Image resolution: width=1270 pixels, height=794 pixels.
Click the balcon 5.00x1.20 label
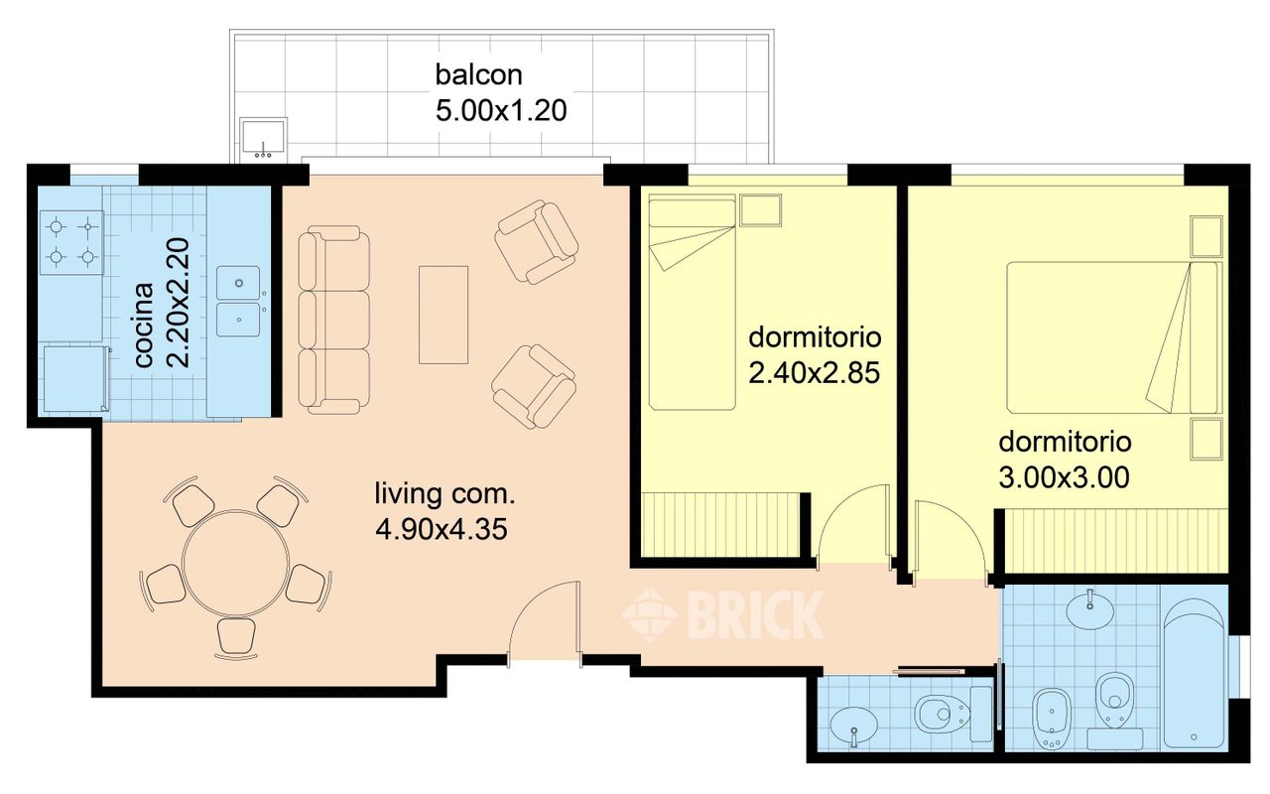pos(501,93)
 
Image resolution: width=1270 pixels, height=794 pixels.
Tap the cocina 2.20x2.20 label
pos(162,304)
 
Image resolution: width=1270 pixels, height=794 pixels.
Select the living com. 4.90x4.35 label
pos(445,511)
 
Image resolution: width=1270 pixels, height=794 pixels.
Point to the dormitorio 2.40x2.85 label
pos(815,355)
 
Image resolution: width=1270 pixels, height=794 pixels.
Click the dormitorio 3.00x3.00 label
pos(1065,460)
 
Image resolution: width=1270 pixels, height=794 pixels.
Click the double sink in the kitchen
pos(239,301)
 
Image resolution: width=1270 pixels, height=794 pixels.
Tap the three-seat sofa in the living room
pos(334,320)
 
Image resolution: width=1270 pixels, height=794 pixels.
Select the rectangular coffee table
pos(444,315)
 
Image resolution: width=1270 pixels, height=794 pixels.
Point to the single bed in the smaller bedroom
pos(693,303)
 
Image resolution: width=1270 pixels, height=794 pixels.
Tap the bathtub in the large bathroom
pos(1195,674)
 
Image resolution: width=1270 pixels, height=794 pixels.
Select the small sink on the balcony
pos(263,139)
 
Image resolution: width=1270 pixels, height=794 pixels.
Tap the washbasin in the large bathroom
pos(1089,610)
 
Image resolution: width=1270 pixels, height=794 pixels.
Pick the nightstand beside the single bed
pos(761,210)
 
